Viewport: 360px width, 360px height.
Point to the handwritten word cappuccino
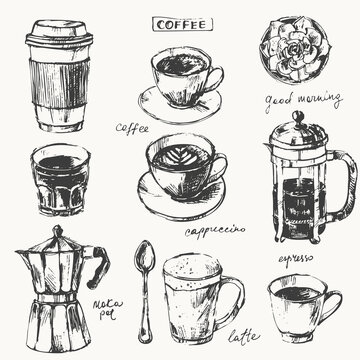click(215, 230)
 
